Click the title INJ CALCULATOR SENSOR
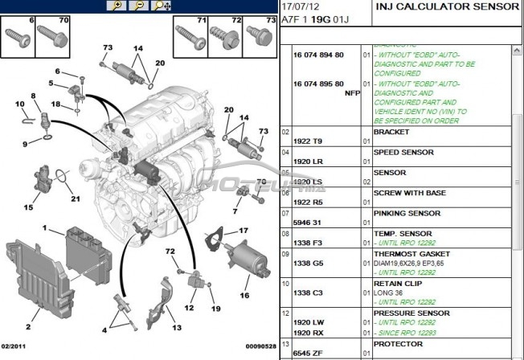click(447, 7)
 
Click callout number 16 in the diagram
click(244, 295)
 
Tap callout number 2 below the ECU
click(28, 326)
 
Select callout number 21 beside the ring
click(76, 199)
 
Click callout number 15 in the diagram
click(28, 207)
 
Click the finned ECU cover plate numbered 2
click(32, 273)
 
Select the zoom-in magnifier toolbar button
click(117, 6)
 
